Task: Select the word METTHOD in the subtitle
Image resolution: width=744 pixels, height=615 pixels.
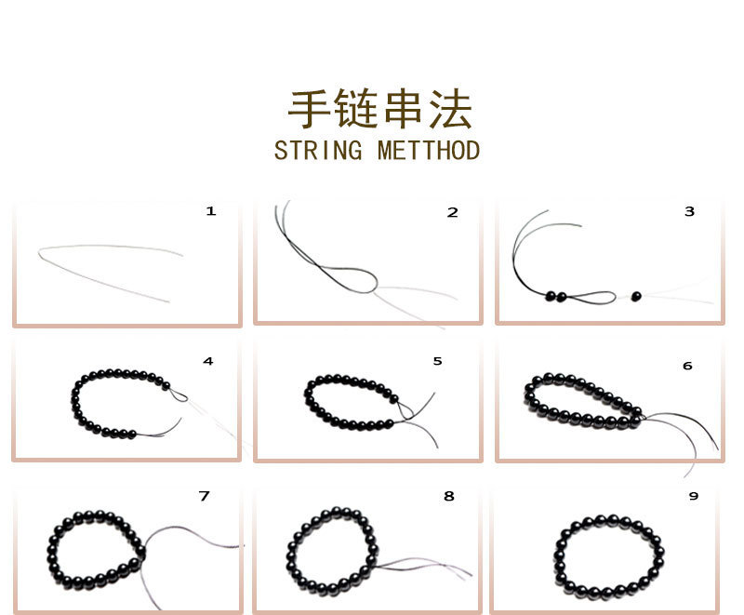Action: [x=429, y=151]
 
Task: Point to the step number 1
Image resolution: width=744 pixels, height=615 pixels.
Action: [x=211, y=211]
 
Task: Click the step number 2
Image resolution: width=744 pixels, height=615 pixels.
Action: [x=453, y=212]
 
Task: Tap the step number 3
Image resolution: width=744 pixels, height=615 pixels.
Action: [x=689, y=211]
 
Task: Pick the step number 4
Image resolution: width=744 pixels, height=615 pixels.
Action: [x=207, y=361]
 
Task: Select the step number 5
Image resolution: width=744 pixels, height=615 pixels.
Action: [x=437, y=361]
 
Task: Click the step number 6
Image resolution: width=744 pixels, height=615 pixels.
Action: [x=687, y=366]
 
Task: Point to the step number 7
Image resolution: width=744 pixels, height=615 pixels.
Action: [x=204, y=496]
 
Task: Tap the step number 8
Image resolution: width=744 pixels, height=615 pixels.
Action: [x=449, y=497]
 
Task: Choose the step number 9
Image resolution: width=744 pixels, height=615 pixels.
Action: [x=693, y=497]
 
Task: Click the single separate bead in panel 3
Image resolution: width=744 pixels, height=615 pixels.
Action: [x=637, y=296]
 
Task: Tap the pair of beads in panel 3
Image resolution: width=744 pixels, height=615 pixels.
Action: [x=556, y=296]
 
